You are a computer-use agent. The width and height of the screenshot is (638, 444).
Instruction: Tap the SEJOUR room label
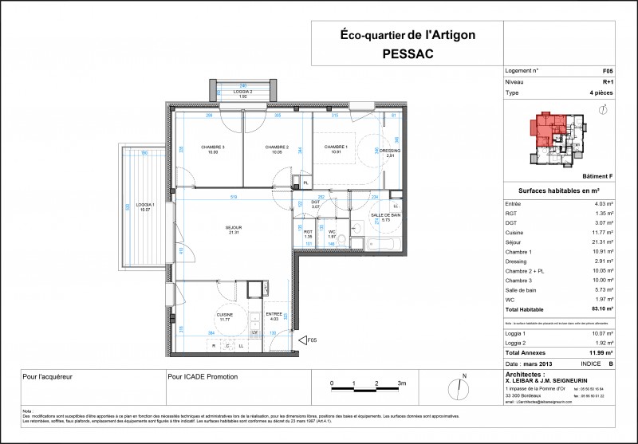(x=233, y=227)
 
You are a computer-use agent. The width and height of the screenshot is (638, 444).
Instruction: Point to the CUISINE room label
(x=226, y=316)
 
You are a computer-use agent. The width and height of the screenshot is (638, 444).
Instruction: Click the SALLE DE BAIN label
(x=387, y=216)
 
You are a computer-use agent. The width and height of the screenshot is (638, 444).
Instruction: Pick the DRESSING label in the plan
(x=390, y=151)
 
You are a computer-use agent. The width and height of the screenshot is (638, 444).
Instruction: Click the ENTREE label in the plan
(x=274, y=316)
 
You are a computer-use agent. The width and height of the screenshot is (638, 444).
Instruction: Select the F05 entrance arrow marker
(x=302, y=341)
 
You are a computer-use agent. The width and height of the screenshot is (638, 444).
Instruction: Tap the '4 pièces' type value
(x=601, y=92)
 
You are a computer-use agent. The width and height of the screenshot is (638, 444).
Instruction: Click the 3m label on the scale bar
(x=401, y=383)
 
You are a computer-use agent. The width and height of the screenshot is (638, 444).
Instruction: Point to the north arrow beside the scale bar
(x=459, y=387)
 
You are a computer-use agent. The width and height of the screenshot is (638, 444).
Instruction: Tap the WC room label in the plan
(x=333, y=232)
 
